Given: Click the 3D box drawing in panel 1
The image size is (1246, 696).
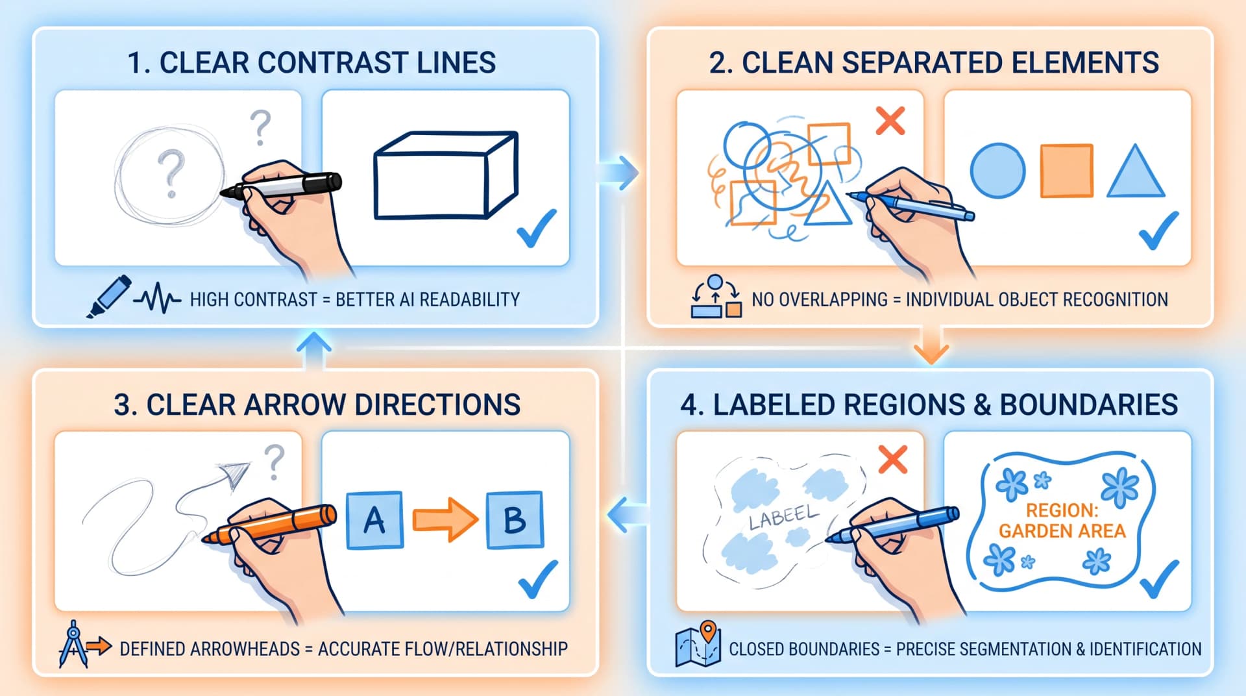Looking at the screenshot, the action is [446, 175].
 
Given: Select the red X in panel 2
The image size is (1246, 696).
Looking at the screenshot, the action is [890, 121].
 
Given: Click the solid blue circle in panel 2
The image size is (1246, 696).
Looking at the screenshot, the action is [997, 171].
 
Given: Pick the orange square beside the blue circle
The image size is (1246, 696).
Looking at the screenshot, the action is [1067, 171].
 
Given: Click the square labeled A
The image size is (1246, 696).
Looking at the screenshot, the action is [374, 520].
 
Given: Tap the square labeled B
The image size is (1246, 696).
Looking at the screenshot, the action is [515, 520].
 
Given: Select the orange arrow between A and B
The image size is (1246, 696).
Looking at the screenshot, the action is [445, 520].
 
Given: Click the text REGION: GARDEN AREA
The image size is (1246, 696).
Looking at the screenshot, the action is [1062, 521].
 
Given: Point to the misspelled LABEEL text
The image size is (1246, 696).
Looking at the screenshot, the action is [784, 517].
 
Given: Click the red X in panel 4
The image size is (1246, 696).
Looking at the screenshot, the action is [893, 459].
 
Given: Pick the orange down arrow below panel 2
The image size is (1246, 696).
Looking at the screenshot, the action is [931, 345].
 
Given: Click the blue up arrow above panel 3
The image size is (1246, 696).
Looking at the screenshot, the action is [314, 351].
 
